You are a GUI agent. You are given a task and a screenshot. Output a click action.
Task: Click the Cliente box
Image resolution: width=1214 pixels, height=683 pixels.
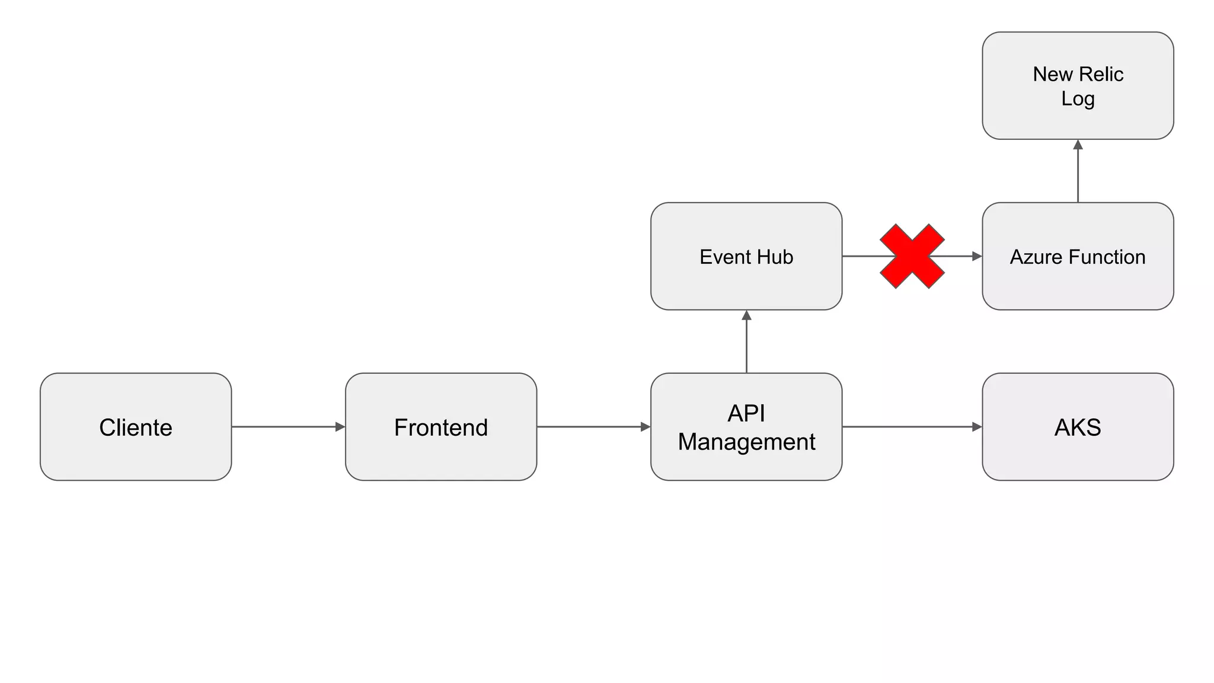click(136, 427)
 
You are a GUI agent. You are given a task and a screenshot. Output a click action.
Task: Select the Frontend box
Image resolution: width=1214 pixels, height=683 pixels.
click(441, 427)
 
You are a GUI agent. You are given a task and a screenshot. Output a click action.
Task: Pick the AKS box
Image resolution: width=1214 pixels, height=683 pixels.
click(1078, 427)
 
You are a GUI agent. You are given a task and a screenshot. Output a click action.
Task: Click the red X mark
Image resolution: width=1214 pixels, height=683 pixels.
click(912, 256)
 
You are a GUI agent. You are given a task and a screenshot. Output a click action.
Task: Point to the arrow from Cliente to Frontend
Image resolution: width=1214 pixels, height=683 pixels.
click(288, 427)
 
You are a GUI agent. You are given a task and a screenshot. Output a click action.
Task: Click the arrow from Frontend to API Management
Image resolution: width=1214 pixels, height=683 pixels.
click(593, 427)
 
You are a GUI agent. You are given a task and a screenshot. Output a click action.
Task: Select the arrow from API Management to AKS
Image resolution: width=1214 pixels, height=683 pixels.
click(912, 427)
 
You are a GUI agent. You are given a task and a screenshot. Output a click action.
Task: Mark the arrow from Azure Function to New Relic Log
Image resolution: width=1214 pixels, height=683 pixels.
click(1078, 171)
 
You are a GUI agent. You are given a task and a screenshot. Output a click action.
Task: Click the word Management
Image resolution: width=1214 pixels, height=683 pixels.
click(746, 442)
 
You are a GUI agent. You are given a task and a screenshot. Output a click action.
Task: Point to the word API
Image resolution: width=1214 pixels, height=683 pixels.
click(746, 413)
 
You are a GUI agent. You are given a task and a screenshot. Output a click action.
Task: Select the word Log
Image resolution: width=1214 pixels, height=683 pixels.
click(1078, 98)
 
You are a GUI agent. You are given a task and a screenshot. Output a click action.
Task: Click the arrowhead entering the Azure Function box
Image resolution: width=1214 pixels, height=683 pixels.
click(977, 256)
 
